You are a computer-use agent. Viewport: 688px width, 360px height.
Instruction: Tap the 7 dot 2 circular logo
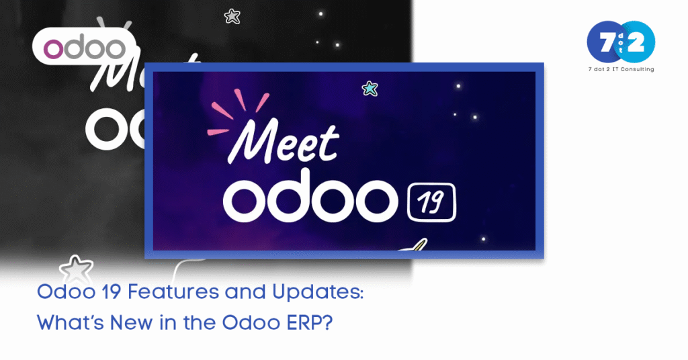click(x=621, y=42)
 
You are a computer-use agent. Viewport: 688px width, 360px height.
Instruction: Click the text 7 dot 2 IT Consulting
click(x=621, y=69)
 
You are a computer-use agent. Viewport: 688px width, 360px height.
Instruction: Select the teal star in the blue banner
click(x=370, y=89)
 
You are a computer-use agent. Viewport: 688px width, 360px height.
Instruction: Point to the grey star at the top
click(x=232, y=17)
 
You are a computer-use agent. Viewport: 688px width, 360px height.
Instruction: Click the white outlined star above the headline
click(x=77, y=270)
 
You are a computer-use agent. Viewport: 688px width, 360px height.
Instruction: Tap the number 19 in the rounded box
click(x=431, y=203)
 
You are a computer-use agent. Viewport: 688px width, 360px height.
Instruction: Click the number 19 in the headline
click(x=111, y=292)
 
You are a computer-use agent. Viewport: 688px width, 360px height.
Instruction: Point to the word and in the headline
click(x=246, y=292)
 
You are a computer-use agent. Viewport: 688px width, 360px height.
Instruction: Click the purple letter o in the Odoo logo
click(x=52, y=49)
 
